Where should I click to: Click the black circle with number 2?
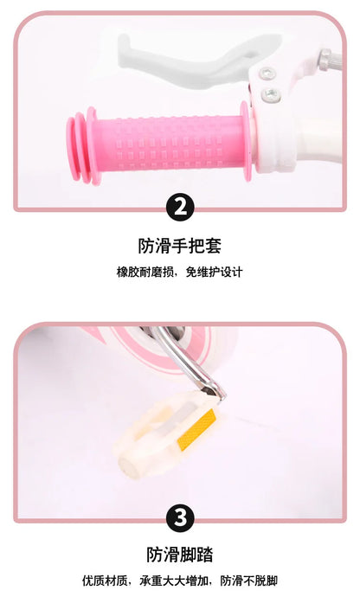[180, 207]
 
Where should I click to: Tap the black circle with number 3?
[180, 518]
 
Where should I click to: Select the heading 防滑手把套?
[180, 246]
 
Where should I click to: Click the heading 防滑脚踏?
[180, 555]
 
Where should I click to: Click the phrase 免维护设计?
[215, 272]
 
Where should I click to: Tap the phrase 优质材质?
[105, 581]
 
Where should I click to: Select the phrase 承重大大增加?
[174, 581]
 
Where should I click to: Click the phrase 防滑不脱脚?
[249, 581]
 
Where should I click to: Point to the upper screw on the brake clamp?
[267, 73]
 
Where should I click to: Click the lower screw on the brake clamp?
[272, 94]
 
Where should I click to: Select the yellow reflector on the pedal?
[196, 429]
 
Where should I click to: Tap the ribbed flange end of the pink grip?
[81, 145]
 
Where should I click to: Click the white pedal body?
[165, 435]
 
